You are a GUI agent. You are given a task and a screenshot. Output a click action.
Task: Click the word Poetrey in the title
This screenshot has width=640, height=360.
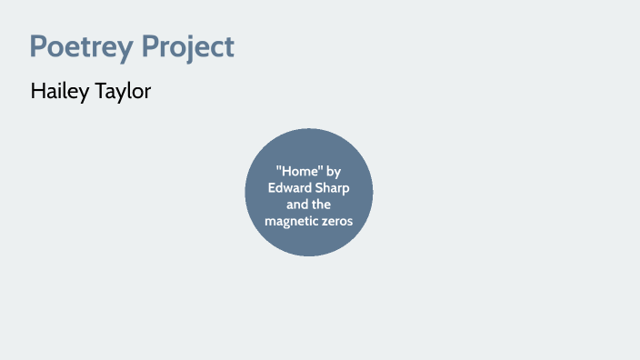tap(78, 46)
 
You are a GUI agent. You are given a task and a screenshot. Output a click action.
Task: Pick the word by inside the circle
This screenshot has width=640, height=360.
tap(334, 171)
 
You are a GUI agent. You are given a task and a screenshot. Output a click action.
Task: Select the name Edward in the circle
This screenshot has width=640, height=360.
tap(288, 187)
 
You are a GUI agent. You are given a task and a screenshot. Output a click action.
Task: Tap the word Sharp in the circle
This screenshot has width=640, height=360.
tap(332, 187)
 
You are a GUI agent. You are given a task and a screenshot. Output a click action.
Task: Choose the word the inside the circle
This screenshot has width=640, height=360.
tap(323, 204)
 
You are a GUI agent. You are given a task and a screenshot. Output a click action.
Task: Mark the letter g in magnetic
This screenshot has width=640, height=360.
tap(285, 223)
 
